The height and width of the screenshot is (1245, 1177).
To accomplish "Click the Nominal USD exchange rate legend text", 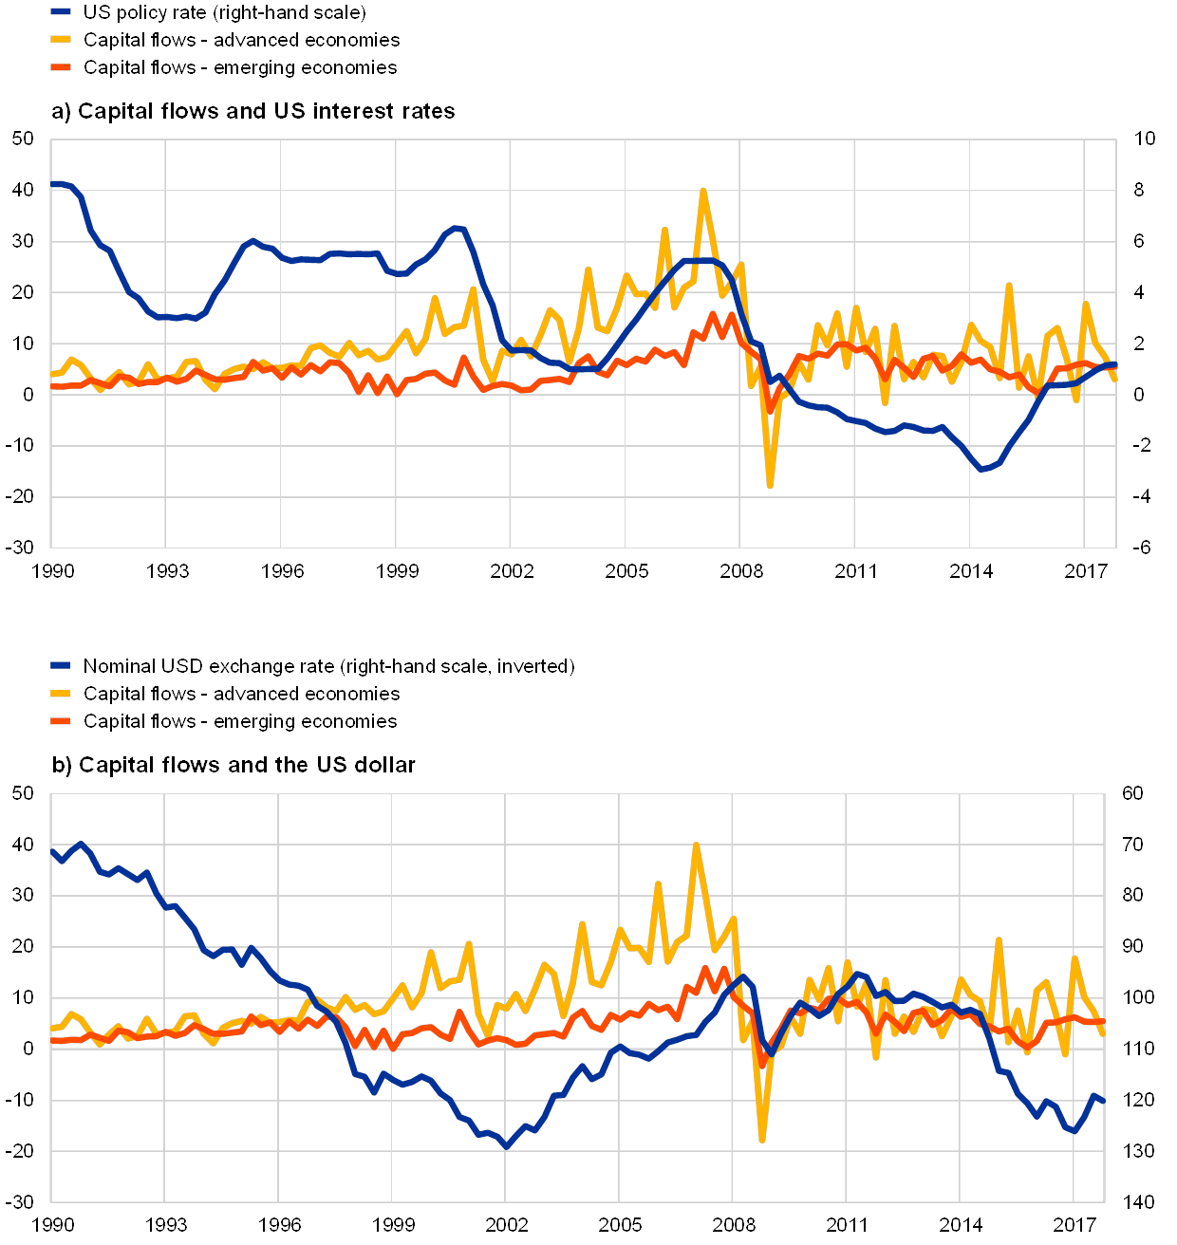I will [328, 666].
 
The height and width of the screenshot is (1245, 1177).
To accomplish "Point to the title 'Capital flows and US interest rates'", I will [254, 111].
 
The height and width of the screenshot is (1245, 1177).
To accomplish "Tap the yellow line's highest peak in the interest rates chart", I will [703, 191].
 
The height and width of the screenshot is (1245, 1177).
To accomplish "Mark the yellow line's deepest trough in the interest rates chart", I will [770, 486].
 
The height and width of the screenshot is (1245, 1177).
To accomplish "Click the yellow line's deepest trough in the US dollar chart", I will [762, 1139].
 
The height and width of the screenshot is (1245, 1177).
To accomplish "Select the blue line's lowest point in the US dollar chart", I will [506, 1146].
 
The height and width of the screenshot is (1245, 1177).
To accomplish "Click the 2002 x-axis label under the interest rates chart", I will [511, 571].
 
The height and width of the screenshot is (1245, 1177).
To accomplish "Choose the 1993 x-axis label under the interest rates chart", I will [166, 571].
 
